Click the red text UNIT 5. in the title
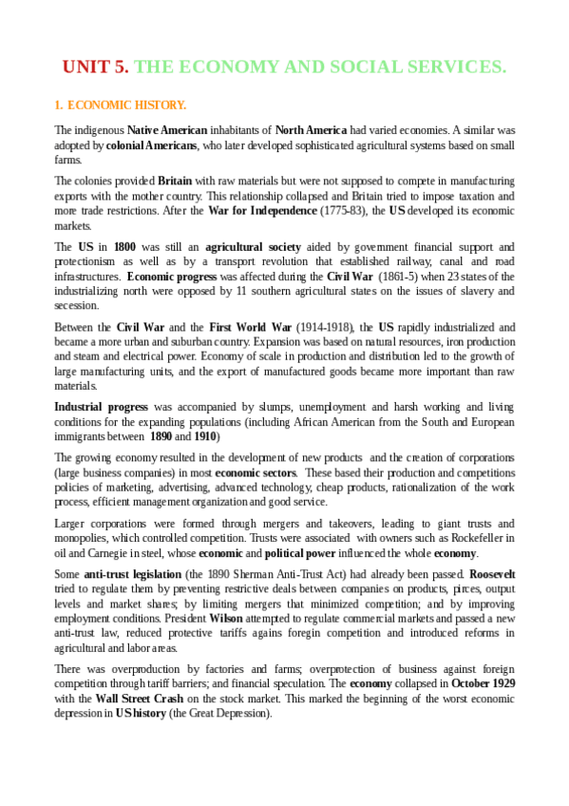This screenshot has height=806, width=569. tap(95, 67)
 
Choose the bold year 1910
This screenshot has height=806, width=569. tap(204, 436)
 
